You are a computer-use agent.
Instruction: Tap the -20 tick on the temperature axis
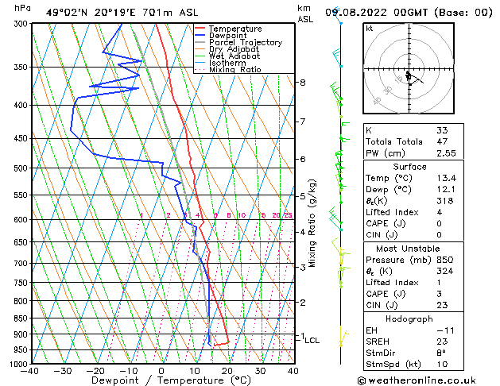click(95, 371)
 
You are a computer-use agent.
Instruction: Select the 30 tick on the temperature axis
click(260, 371)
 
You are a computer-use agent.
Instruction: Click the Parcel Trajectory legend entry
click(245, 42)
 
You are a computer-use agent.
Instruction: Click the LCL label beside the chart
click(312, 340)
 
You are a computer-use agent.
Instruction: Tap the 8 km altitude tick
click(302, 83)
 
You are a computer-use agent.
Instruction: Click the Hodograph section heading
click(409, 318)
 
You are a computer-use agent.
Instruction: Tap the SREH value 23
click(442, 342)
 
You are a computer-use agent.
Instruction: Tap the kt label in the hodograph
click(369, 29)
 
